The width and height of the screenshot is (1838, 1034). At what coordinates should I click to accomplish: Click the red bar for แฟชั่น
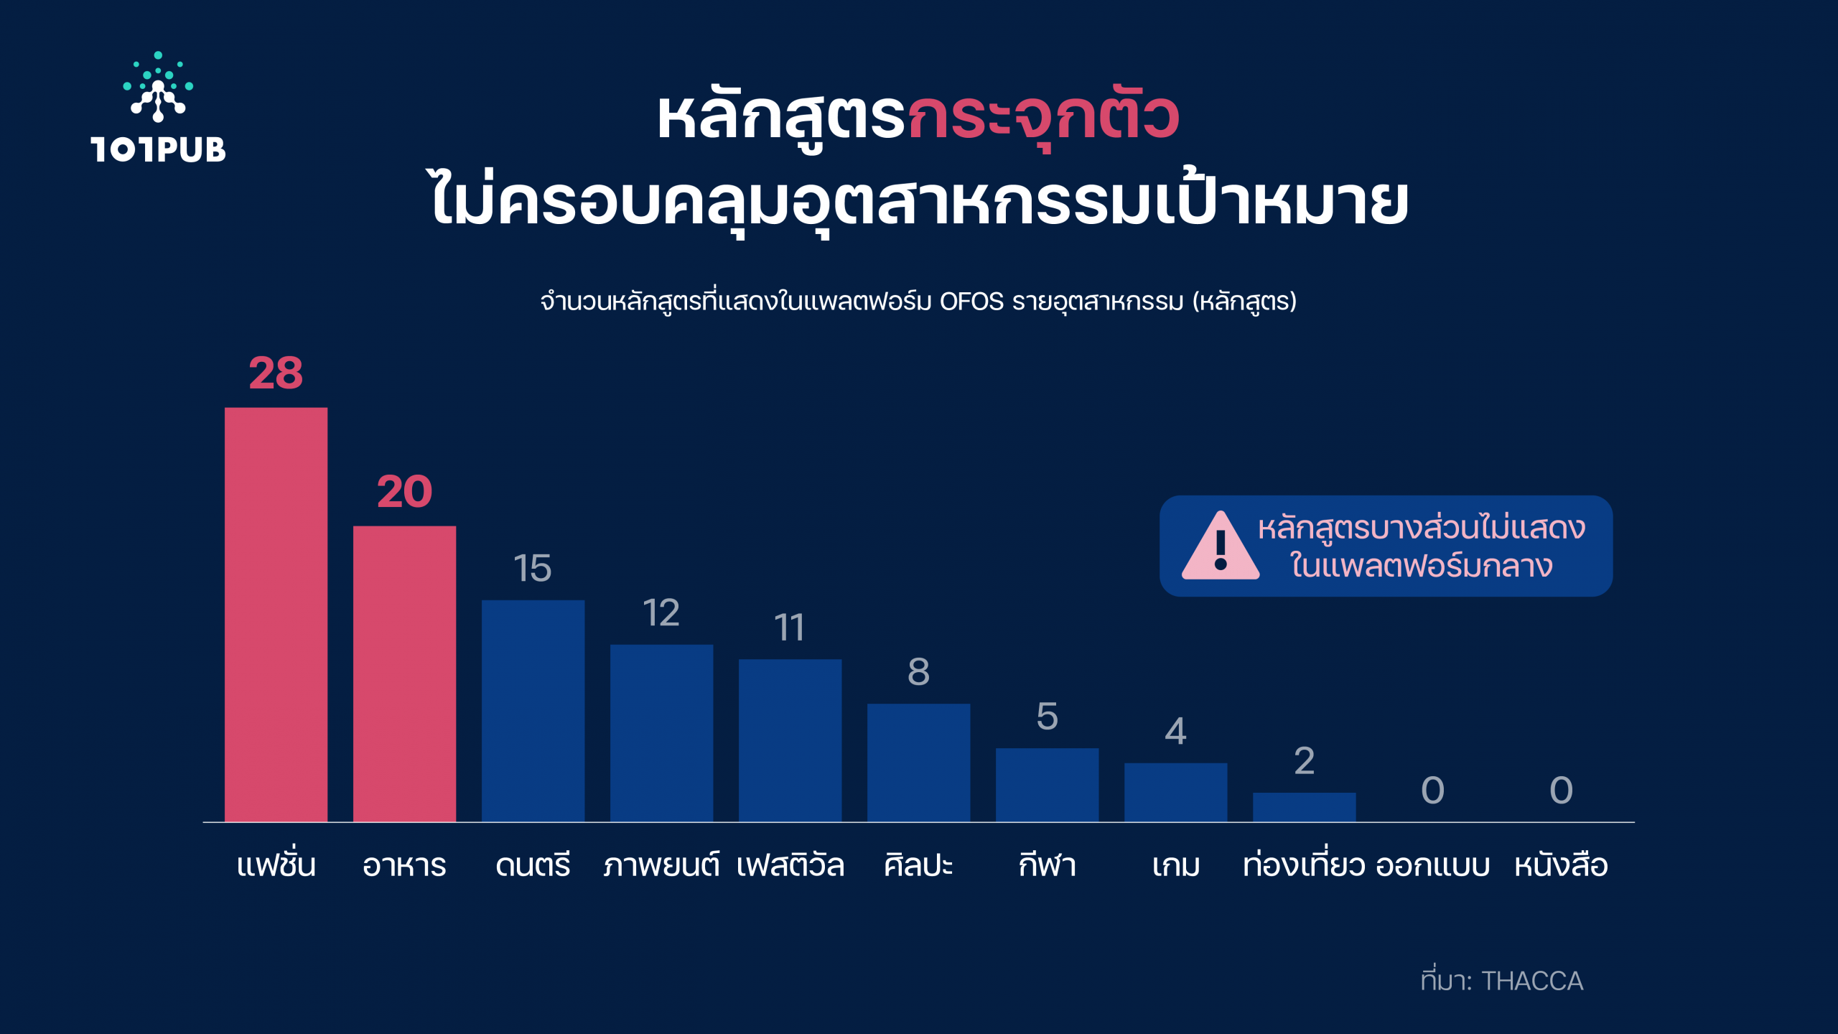(276, 615)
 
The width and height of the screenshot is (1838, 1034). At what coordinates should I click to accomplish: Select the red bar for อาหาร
(404, 674)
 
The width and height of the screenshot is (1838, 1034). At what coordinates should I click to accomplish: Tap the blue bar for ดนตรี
(533, 711)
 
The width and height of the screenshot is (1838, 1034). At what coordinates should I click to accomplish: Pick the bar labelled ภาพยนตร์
(661, 733)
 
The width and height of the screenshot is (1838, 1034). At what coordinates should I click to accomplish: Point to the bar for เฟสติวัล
(790, 740)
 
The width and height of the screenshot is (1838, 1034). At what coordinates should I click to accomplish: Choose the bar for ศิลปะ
(918, 763)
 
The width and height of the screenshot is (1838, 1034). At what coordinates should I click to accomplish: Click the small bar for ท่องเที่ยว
(1304, 807)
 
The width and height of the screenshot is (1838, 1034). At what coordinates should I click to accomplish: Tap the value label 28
(276, 373)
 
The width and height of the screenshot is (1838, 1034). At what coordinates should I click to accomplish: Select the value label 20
(404, 492)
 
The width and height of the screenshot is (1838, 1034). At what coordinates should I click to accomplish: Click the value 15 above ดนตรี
(532, 568)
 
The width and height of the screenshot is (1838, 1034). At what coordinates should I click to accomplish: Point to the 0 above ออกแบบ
(1432, 791)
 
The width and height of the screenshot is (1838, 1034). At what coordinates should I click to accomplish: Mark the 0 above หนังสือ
(1561, 791)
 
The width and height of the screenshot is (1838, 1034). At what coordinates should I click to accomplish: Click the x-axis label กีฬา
(1047, 864)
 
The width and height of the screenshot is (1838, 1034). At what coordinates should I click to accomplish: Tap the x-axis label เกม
(1175, 865)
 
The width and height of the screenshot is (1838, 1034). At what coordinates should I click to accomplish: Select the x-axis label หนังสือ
(1561, 864)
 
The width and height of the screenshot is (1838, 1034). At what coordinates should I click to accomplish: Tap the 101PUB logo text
(158, 149)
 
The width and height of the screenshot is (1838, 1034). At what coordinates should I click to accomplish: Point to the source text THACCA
(1532, 981)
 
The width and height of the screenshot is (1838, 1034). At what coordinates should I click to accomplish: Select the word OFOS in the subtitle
(971, 302)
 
